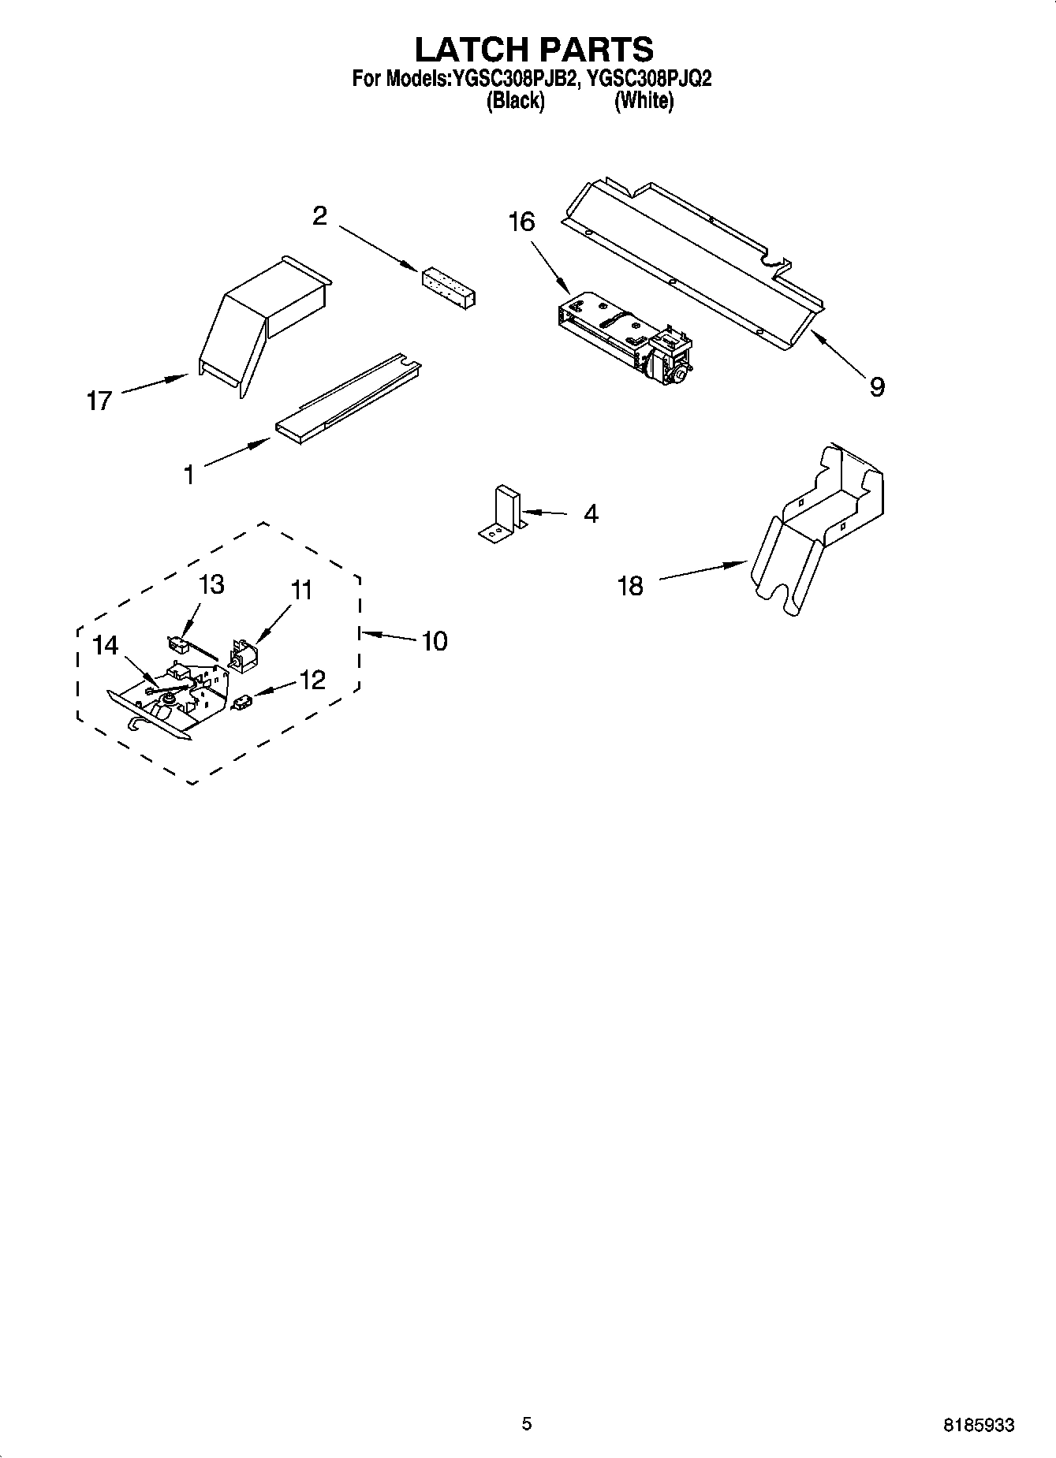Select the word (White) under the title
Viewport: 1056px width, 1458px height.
[644, 101]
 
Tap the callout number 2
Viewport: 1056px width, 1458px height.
[319, 216]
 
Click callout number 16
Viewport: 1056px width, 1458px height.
[521, 222]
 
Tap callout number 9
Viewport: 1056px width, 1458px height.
[877, 386]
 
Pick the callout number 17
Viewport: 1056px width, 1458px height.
[99, 401]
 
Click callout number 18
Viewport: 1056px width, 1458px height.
[630, 586]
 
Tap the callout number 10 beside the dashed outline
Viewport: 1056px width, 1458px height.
[434, 641]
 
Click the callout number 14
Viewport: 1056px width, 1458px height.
[105, 646]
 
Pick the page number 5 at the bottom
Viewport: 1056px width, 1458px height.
[527, 1423]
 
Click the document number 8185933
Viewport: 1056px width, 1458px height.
[979, 1425]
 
